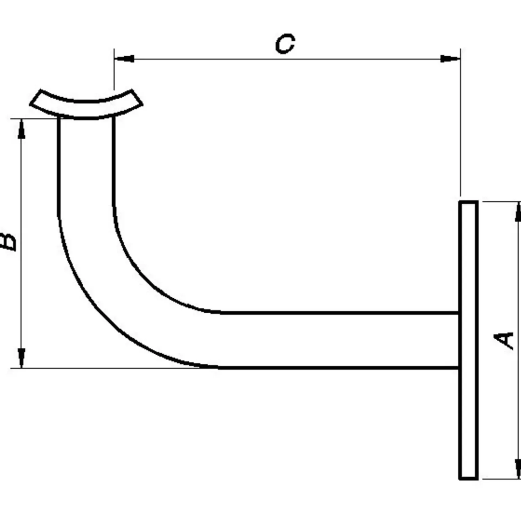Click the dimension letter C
(285, 44)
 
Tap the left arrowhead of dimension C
(124, 59)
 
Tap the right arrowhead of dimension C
(450, 59)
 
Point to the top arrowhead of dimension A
(518, 211)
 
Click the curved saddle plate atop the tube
(86, 104)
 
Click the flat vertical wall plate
(469, 340)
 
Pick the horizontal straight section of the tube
(339, 340)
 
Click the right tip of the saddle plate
(142, 103)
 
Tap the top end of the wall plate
(469, 201)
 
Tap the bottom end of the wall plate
(469, 479)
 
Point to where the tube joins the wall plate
(459, 340)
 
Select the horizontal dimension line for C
(287, 59)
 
